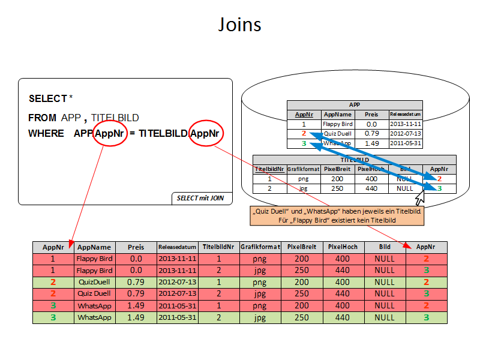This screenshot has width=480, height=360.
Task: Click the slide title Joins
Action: [x=239, y=25]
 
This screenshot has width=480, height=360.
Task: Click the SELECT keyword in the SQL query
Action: [x=47, y=98]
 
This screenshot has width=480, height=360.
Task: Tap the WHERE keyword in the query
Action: [x=46, y=133]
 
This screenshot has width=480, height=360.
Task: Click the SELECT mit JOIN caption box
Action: [x=201, y=197]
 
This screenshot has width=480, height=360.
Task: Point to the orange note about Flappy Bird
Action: [x=337, y=215]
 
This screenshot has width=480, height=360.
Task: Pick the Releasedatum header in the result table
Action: [x=177, y=247]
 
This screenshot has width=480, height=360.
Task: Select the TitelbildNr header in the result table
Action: [x=218, y=247]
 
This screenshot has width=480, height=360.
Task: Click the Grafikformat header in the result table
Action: [x=260, y=247]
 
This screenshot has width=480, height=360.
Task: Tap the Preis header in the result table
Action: [x=136, y=247]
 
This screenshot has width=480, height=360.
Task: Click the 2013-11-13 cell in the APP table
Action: [x=406, y=124]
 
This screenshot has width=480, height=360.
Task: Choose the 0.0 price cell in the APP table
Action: [x=372, y=124]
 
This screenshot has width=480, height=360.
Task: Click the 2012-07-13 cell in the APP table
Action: [x=406, y=133]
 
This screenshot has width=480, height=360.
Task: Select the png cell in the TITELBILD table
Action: [x=302, y=179]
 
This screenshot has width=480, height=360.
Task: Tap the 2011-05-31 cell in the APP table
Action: [x=406, y=143]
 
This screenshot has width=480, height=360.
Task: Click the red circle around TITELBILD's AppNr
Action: [x=206, y=133]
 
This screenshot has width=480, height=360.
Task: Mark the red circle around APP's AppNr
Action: [x=110, y=133]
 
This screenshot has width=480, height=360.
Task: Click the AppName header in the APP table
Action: [x=338, y=114]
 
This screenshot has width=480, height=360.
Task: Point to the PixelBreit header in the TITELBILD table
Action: [x=337, y=169]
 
